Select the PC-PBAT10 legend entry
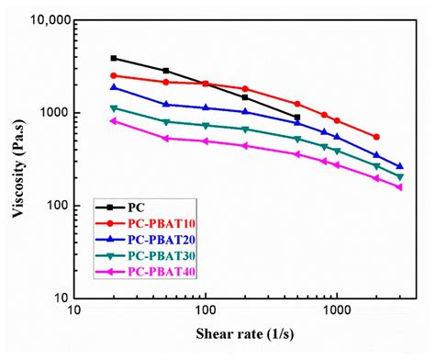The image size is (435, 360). (x=157, y=223)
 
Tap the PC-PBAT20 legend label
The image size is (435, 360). (x=157, y=239)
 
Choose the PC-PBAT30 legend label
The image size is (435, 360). (x=157, y=254)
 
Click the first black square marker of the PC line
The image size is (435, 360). (x=114, y=58)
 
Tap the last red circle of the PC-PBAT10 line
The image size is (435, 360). (x=376, y=137)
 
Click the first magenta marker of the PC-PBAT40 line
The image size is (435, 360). (x=114, y=121)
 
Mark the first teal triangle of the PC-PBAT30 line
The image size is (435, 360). (x=114, y=108)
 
